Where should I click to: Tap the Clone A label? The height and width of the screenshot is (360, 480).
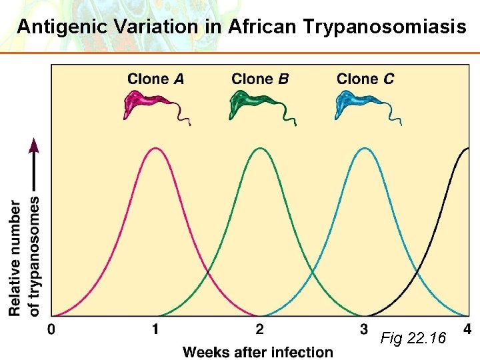point(155,79)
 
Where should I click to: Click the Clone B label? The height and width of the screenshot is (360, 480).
point(260,79)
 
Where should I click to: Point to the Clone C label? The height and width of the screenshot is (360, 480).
point(365,79)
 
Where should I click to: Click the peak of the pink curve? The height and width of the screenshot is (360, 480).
point(155,149)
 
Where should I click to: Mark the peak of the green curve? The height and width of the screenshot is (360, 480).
point(260,149)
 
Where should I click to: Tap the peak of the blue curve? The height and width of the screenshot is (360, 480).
point(365,149)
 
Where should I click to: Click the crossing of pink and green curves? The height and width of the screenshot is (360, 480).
point(208,273)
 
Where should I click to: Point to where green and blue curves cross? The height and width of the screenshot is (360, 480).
point(313,273)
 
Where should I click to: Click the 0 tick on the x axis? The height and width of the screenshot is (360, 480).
point(52,329)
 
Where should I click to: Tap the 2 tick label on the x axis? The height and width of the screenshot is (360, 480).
point(260,329)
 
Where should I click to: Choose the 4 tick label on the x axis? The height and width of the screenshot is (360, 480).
point(467,329)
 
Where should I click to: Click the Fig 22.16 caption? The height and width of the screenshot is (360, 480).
point(413,339)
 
